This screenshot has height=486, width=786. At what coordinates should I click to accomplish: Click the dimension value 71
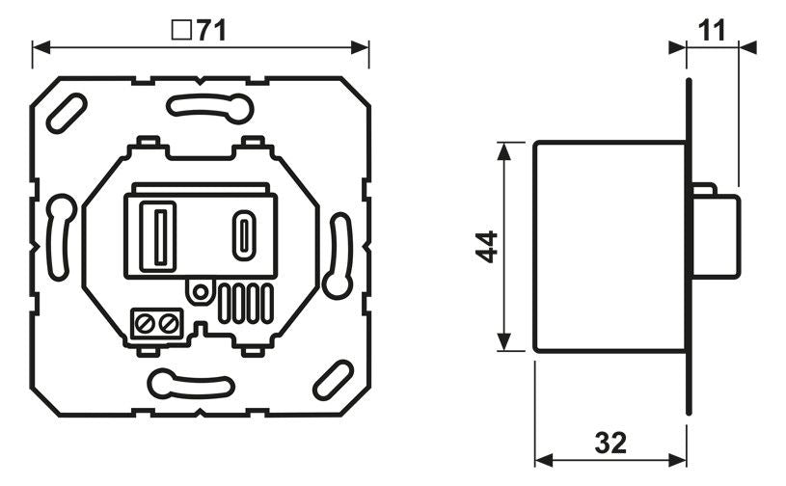210,31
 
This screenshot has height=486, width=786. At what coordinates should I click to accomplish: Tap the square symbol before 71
179,31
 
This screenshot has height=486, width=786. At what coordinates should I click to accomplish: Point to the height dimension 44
486,247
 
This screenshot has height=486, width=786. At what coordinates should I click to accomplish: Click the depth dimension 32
610,443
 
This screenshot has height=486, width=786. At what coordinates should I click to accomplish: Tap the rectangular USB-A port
157,234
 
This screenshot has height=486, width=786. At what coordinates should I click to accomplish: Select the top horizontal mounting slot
202,106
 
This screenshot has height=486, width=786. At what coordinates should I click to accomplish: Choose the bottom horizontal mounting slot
190,383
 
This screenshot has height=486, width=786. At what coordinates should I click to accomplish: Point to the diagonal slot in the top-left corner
67,114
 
